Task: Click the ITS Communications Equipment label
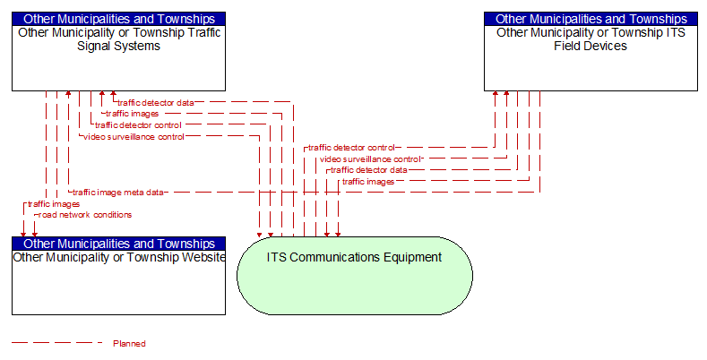[x=354, y=257]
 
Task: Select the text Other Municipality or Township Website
[x=119, y=257]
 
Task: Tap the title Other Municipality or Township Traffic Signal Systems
[x=119, y=39]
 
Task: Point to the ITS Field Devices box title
[x=591, y=39]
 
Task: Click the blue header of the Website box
[x=118, y=244]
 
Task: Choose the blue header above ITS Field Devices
[x=591, y=19]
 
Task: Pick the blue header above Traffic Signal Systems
[x=118, y=19]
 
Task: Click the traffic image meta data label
[x=118, y=193]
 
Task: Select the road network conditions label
[x=85, y=215]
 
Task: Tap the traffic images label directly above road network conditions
[x=54, y=204]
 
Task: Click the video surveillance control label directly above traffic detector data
[x=370, y=159]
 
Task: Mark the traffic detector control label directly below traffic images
[x=138, y=125]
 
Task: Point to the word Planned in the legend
[x=129, y=344]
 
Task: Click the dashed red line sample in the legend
[x=57, y=343]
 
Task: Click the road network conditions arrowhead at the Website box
[x=35, y=235]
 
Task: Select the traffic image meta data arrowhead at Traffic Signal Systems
[x=68, y=94]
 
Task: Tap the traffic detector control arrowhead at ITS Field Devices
[x=496, y=94]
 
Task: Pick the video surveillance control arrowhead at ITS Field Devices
[x=506, y=94]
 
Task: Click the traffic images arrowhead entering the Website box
[x=23, y=235]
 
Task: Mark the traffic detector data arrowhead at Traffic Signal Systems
[x=113, y=94]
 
